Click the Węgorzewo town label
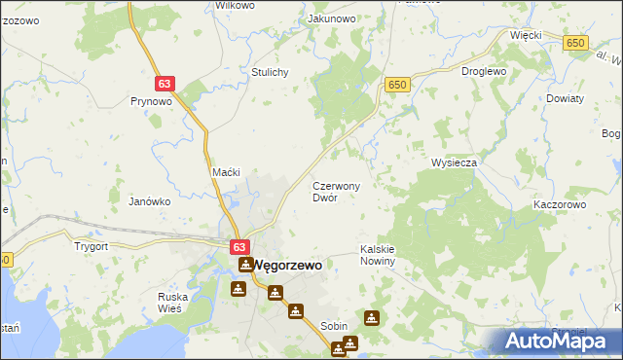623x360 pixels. click(x=289, y=264)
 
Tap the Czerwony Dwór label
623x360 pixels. click(x=337, y=191)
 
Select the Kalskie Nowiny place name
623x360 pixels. click(x=378, y=255)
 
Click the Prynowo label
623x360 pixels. click(x=151, y=100)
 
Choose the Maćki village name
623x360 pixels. click(x=226, y=172)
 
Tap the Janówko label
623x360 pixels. click(x=150, y=201)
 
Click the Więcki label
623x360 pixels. click(x=525, y=34)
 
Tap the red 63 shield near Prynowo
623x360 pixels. click(x=164, y=85)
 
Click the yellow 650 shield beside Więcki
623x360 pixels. click(x=576, y=42)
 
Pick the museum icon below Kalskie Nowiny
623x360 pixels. click(x=372, y=317)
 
